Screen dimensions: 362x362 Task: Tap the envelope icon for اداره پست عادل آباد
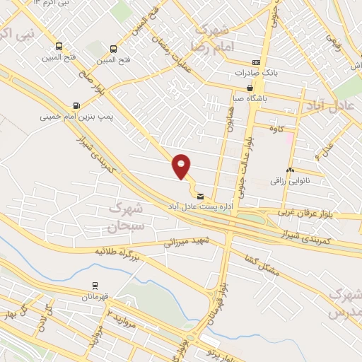(x=201, y=196)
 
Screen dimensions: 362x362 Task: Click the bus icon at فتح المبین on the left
(x=58, y=47)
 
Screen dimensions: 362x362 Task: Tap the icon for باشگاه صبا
(x=250, y=88)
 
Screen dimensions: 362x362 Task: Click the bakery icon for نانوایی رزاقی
(x=290, y=170)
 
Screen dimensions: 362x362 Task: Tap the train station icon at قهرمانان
(x=94, y=286)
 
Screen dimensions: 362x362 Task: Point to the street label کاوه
(x=276, y=127)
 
